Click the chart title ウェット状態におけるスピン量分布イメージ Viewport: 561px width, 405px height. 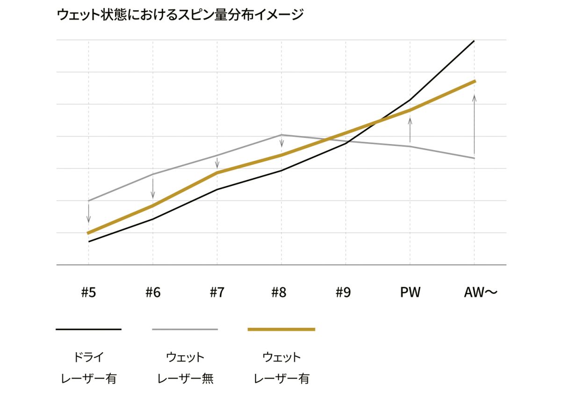pos(180,15)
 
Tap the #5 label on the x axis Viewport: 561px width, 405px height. pos(88,293)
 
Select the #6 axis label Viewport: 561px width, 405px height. pos(153,293)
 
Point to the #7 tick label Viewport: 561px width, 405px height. pos(217,293)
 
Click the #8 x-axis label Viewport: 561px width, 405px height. pos(279,293)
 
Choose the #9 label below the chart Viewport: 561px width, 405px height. pos(343,293)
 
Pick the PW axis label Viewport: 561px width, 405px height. pos(410,293)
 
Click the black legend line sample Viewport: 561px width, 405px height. pos(88,330)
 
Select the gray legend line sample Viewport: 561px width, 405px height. pos(185,330)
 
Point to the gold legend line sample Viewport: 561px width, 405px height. pos(281,330)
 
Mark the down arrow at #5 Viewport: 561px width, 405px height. pos(88,213)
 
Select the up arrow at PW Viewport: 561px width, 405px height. pos(410,130)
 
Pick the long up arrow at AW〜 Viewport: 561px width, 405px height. pos(475,124)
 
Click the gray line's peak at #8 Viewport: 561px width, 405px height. pos(281,135)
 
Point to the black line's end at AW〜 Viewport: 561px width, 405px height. pos(474,41)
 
